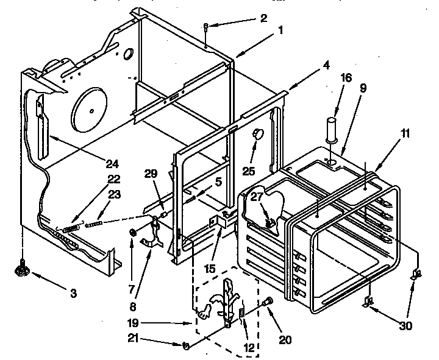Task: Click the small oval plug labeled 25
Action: point(257,133)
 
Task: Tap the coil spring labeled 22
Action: point(71,227)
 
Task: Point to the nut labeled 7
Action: point(132,233)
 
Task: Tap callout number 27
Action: point(255,197)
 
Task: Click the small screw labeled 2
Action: point(207,26)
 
